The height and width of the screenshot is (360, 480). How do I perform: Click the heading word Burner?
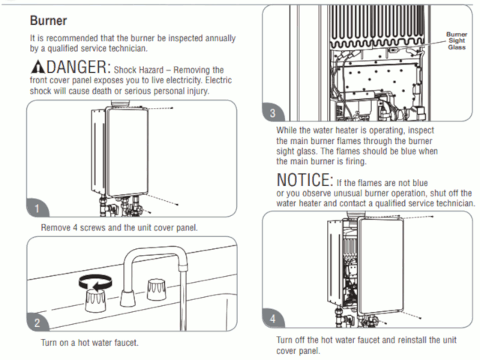click(50, 19)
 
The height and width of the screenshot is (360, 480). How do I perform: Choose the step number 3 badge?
click(273, 114)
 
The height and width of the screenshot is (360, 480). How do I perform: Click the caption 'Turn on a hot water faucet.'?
click(90, 343)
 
